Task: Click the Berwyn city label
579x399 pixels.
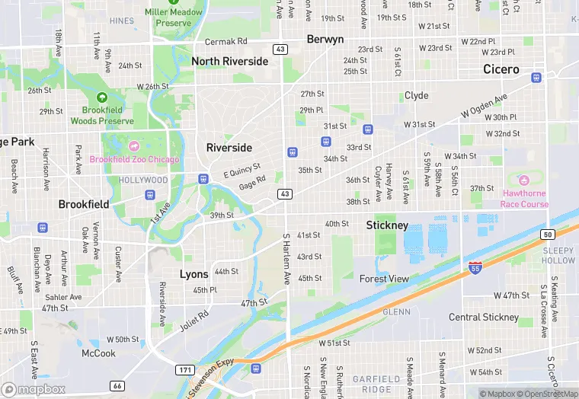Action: click(x=325, y=39)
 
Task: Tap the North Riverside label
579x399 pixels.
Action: click(x=230, y=61)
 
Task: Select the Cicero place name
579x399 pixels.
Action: click(x=501, y=69)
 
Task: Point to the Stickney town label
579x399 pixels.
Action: click(x=387, y=225)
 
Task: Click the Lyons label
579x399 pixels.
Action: click(x=194, y=274)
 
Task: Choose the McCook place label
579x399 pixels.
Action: click(x=99, y=353)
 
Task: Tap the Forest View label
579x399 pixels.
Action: click(x=384, y=279)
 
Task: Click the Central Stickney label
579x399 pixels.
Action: click(x=484, y=317)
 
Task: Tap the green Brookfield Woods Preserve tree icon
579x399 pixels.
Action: click(x=102, y=98)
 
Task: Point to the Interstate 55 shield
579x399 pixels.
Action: click(x=475, y=267)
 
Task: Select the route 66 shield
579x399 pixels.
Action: click(x=117, y=386)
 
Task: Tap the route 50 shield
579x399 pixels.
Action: click(x=547, y=234)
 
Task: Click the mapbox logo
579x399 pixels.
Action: click(x=34, y=389)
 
